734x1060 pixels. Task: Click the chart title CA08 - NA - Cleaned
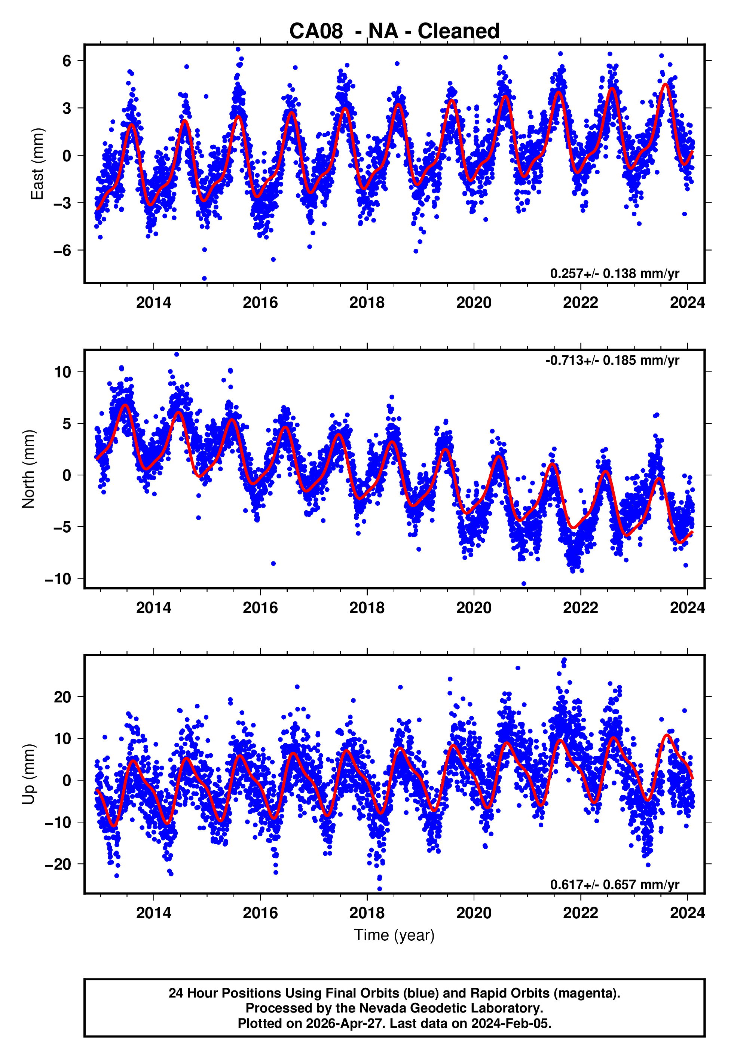tap(394, 31)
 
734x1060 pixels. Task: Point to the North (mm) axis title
tap(28, 469)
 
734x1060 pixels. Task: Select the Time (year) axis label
tap(394, 935)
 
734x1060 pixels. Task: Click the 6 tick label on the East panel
tap(67, 61)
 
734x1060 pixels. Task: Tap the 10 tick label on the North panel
tap(62, 372)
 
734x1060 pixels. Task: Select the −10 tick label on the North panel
tap(58, 579)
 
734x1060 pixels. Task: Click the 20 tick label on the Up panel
tap(62, 697)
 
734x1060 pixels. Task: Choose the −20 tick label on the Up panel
tap(58, 864)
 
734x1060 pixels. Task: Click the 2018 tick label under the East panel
tap(367, 303)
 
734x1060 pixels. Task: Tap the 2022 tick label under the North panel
tap(580, 608)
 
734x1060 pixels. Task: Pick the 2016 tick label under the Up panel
tap(260, 913)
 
